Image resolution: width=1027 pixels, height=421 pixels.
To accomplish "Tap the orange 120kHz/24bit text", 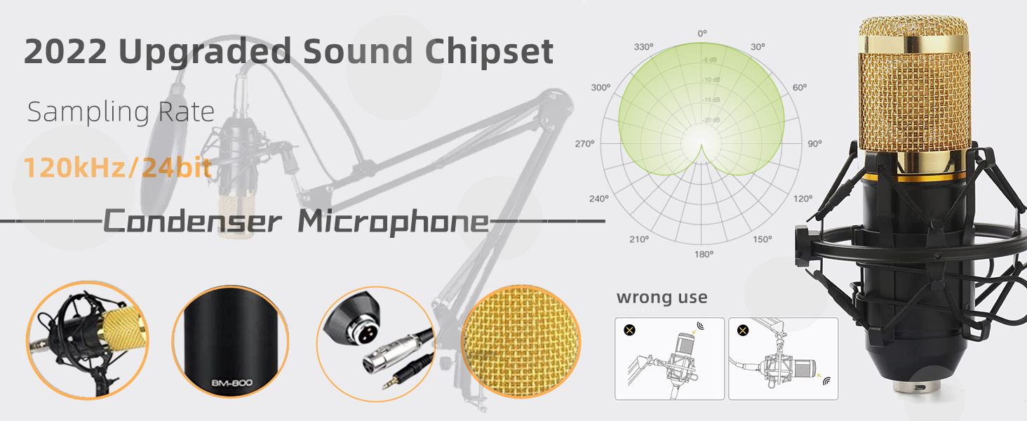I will (118, 169).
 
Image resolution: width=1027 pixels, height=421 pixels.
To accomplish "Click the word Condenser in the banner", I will (192, 222).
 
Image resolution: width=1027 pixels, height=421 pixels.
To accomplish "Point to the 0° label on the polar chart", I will (702, 34).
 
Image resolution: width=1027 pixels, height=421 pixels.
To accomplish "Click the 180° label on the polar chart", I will (703, 254).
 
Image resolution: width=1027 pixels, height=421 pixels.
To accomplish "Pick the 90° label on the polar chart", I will (814, 144).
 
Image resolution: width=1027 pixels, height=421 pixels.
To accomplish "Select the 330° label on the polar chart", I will (644, 47).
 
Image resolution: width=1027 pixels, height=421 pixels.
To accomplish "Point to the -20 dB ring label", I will (711, 121).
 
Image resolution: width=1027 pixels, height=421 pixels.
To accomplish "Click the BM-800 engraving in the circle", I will (231, 382).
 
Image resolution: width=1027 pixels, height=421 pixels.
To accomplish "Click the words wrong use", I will (662, 298).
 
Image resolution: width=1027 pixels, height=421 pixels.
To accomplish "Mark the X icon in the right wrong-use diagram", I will (743, 330).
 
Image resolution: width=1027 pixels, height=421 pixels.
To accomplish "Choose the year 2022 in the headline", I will (65, 53).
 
